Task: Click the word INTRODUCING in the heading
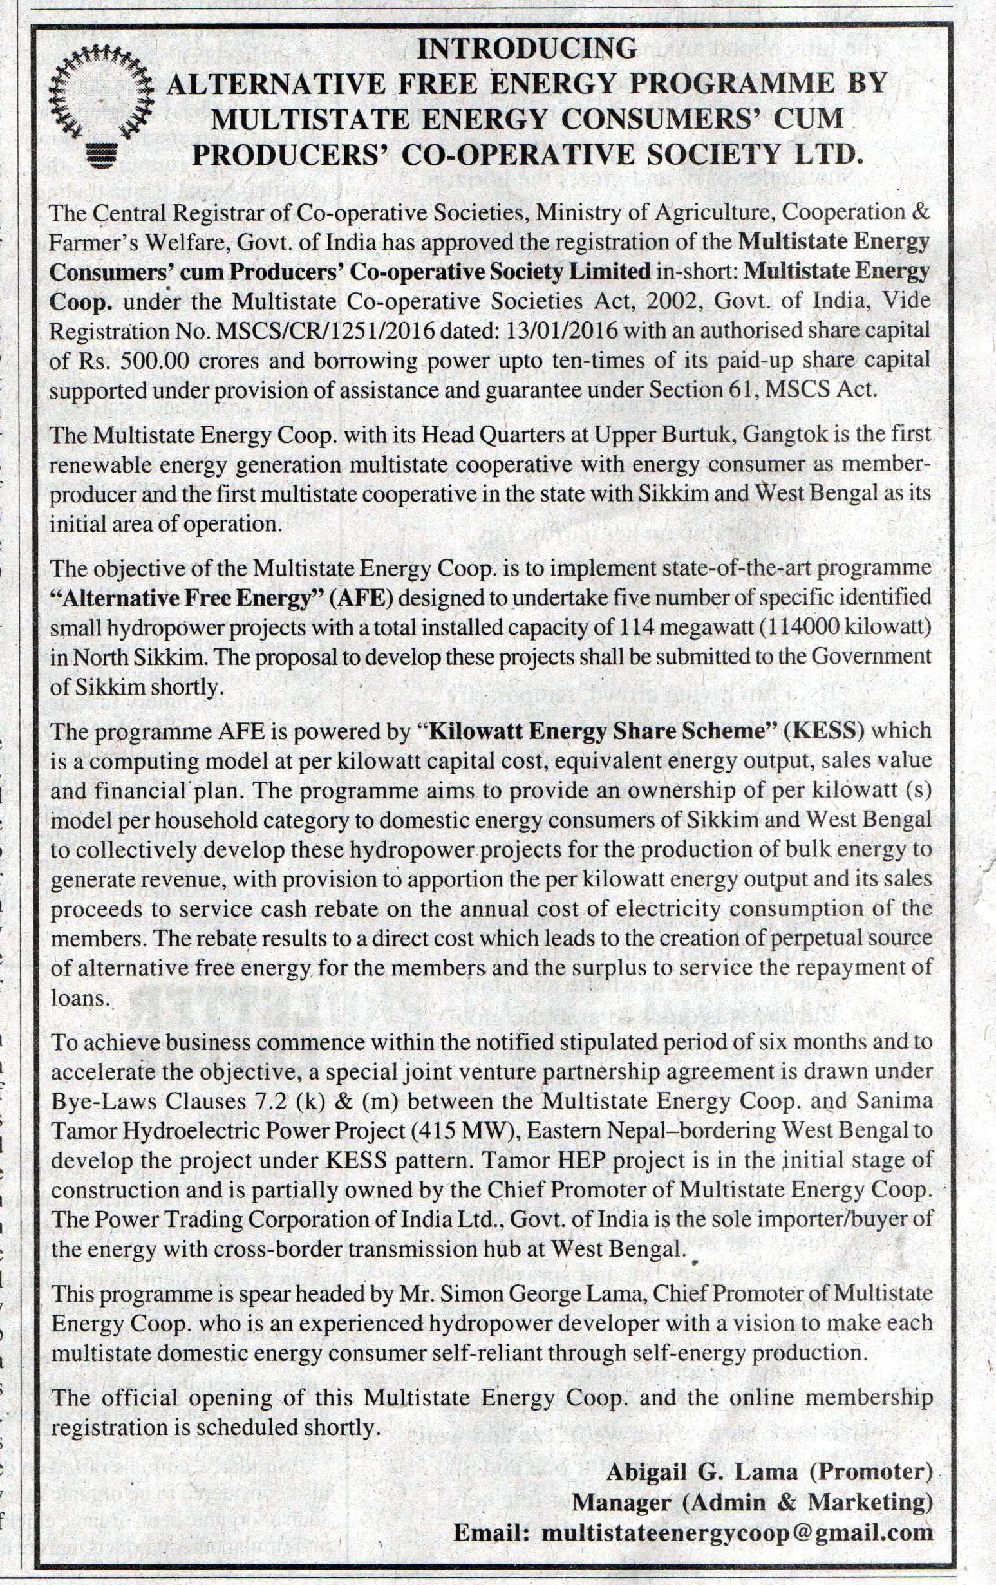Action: (x=529, y=48)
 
